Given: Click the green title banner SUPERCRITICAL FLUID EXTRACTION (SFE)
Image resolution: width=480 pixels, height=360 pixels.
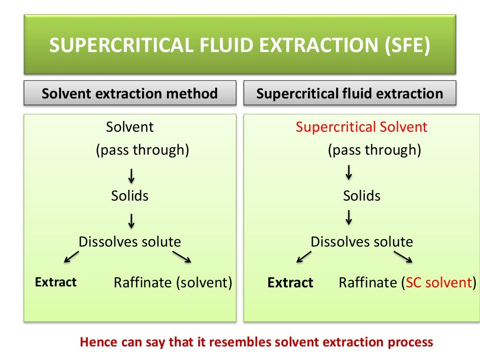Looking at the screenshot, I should pos(240,45).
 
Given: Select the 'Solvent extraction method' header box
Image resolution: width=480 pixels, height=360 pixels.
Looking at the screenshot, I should pos(130,93).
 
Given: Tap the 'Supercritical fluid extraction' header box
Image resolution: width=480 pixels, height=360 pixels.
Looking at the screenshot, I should pos(350,93).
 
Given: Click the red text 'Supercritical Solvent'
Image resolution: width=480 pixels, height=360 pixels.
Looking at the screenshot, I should pos(361,127).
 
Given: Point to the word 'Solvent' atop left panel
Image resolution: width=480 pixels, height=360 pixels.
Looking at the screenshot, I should pos(130,127).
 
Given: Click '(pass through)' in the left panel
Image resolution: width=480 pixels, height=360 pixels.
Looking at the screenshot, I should pos(142,150).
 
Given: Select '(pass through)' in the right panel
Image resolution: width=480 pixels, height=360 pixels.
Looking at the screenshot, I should pos(374,150).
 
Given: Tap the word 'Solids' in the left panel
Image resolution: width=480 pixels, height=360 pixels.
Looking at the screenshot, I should pos(130,196).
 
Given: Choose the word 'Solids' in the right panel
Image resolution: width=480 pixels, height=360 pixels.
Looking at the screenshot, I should pos(361,196).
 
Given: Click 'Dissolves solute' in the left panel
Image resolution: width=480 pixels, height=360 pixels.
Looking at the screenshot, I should pos(130,242).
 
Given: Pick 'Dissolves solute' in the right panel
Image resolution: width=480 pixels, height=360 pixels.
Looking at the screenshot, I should pos(361,242).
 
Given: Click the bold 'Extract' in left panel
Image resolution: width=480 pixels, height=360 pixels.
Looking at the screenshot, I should pos(56,282).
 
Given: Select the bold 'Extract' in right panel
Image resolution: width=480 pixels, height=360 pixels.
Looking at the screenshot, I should pos(290,283).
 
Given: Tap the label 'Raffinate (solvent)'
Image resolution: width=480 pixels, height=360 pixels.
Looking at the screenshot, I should pos(173,283).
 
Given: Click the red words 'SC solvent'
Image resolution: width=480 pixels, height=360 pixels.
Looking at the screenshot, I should pos(438,283).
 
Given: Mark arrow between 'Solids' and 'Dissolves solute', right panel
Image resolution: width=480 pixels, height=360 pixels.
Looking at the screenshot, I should pos(349,217).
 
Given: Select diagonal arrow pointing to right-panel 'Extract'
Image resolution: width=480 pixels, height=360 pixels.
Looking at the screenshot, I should pos(304,257).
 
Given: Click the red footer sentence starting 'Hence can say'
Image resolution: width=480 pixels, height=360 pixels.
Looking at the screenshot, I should pos(256,342).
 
